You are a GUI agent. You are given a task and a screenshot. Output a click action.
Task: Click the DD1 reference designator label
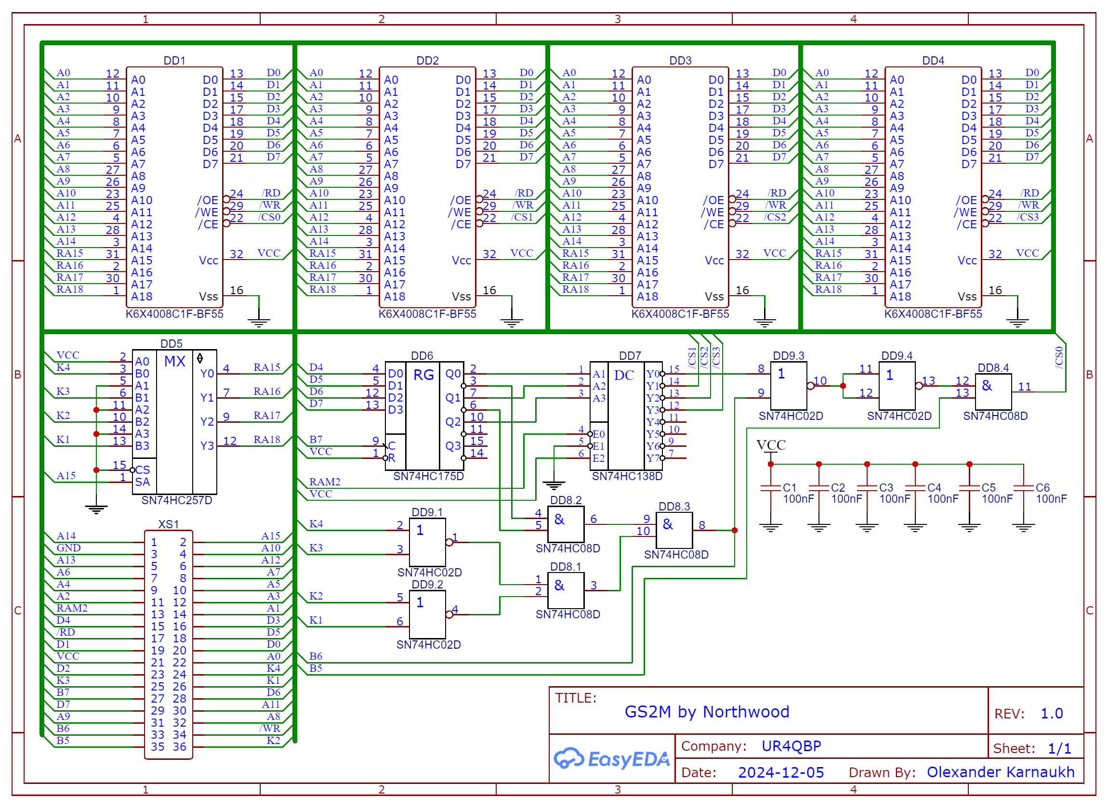point(174,61)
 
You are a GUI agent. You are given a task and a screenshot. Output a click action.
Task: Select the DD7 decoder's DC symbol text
point(624,376)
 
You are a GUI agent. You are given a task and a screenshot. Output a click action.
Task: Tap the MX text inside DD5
point(175,362)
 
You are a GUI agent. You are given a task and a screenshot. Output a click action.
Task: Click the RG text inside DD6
point(423,375)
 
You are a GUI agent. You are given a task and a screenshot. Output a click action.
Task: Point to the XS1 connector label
point(168,524)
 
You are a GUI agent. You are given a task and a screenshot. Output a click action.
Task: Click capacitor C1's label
point(789,488)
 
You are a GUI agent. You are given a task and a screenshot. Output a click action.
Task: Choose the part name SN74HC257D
point(177,500)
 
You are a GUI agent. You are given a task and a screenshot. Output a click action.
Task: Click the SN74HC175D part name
point(428,476)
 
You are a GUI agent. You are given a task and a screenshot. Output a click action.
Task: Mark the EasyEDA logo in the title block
point(611,759)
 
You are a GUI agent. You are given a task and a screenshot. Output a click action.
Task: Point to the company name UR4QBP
point(791,746)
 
